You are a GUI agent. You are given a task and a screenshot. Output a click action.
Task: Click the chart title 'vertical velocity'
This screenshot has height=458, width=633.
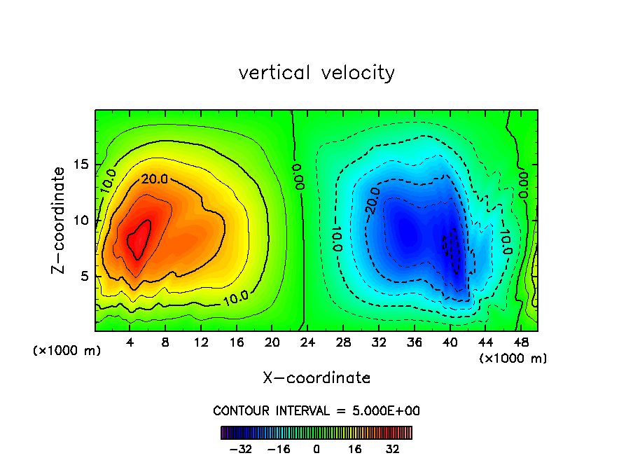pyautogui.click(x=316, y=73)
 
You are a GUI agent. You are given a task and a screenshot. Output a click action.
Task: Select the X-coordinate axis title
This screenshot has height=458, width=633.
pyautogui.click(x=316, y=378)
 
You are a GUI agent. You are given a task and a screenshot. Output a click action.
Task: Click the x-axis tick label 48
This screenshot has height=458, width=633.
pyautogui.click(x=521, y=343)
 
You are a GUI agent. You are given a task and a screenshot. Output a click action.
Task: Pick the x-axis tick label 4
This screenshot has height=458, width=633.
pyautogui.click(x=130, y=343)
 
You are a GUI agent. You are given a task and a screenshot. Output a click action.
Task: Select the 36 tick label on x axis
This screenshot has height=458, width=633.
pyautogui.click(x=414, y=343)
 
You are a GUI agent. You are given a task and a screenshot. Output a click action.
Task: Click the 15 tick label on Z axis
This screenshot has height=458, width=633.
pyautogui.click(x=80, y=165)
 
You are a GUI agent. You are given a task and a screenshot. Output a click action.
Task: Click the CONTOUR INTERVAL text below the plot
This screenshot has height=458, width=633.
pyautogui.click(x=316, y=410)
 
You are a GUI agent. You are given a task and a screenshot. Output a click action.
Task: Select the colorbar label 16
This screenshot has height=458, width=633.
pyautogui.click(x=355, y=449)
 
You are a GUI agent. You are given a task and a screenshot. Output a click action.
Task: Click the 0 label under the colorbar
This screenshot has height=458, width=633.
pyautogui.click(x=316, y=449)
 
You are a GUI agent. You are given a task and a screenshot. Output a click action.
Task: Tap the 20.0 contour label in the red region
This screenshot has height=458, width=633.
pyautogui.click(x=154, y=179)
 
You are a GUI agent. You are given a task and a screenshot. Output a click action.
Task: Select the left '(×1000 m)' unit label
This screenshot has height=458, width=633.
pyautogui.click(x=67, y=351)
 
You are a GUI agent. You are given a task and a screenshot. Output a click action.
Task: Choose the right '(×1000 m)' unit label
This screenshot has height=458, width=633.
pyautogui.click(x=513, y=359)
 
